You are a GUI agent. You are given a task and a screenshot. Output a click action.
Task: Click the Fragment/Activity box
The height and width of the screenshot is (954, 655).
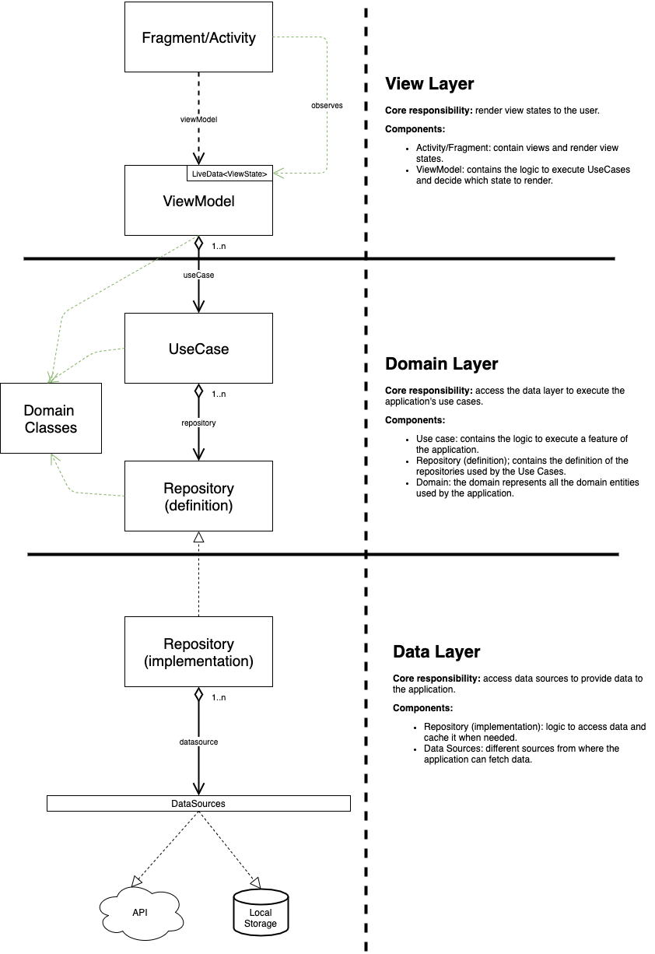198,37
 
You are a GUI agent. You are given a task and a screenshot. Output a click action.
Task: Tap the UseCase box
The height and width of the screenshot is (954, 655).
198,349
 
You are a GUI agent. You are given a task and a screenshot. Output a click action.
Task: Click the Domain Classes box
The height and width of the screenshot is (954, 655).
51,419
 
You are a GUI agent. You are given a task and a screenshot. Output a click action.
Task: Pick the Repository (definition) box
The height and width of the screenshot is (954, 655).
198,496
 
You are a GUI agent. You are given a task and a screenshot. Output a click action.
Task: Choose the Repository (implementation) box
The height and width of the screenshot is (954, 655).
198,652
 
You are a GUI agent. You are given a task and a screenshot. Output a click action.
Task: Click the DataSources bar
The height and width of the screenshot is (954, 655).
198,803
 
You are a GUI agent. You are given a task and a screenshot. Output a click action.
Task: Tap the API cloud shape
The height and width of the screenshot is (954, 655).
140,913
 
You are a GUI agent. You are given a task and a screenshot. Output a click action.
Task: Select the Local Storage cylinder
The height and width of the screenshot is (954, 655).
261,914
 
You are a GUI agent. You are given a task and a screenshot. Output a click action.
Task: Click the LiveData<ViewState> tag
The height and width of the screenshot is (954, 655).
229,174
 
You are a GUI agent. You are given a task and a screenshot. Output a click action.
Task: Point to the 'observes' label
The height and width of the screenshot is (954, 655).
327,104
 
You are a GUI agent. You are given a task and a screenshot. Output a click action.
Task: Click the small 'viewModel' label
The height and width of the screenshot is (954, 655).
198,119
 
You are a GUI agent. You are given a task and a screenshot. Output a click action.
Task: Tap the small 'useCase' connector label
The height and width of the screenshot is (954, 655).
198,275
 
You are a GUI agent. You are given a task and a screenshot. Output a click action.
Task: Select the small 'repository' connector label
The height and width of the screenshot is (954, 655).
198,423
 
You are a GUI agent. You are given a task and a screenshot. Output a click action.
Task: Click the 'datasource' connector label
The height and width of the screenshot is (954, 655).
198,742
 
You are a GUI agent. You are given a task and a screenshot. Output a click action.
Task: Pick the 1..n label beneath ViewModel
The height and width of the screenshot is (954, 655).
219,246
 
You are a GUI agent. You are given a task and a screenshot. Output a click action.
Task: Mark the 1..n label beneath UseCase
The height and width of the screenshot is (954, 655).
219,394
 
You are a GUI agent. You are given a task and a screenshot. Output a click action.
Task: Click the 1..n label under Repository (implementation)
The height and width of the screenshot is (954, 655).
219,697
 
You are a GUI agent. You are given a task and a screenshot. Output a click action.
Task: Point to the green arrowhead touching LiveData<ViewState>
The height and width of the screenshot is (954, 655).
278,173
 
